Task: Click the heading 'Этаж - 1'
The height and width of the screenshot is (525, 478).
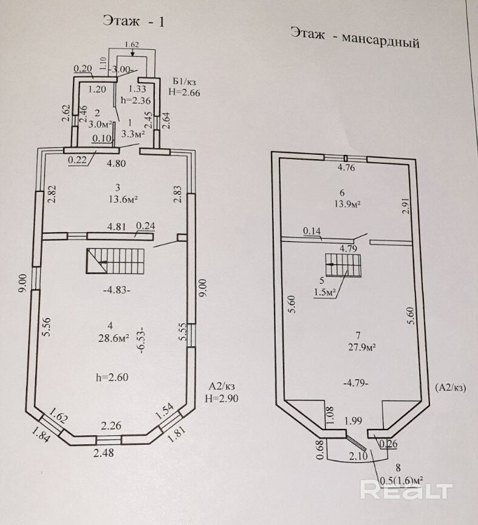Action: [135, 21]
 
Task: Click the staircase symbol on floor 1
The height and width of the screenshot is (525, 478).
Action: [116, 262]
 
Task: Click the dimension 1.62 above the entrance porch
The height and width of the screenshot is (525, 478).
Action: [132, 44]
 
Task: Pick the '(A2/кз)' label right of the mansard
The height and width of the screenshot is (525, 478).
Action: [449, 387]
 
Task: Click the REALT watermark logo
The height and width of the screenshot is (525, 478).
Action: [407, 489]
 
